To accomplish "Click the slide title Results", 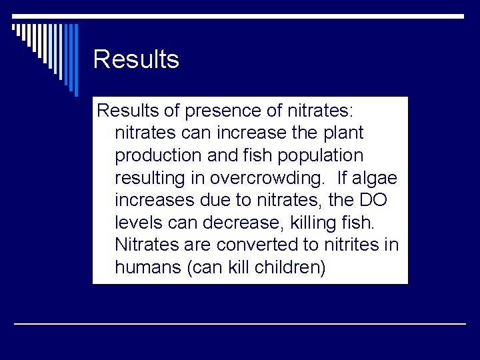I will point(136,59).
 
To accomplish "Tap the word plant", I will point(343,133).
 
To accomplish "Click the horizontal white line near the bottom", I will point(240,323).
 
